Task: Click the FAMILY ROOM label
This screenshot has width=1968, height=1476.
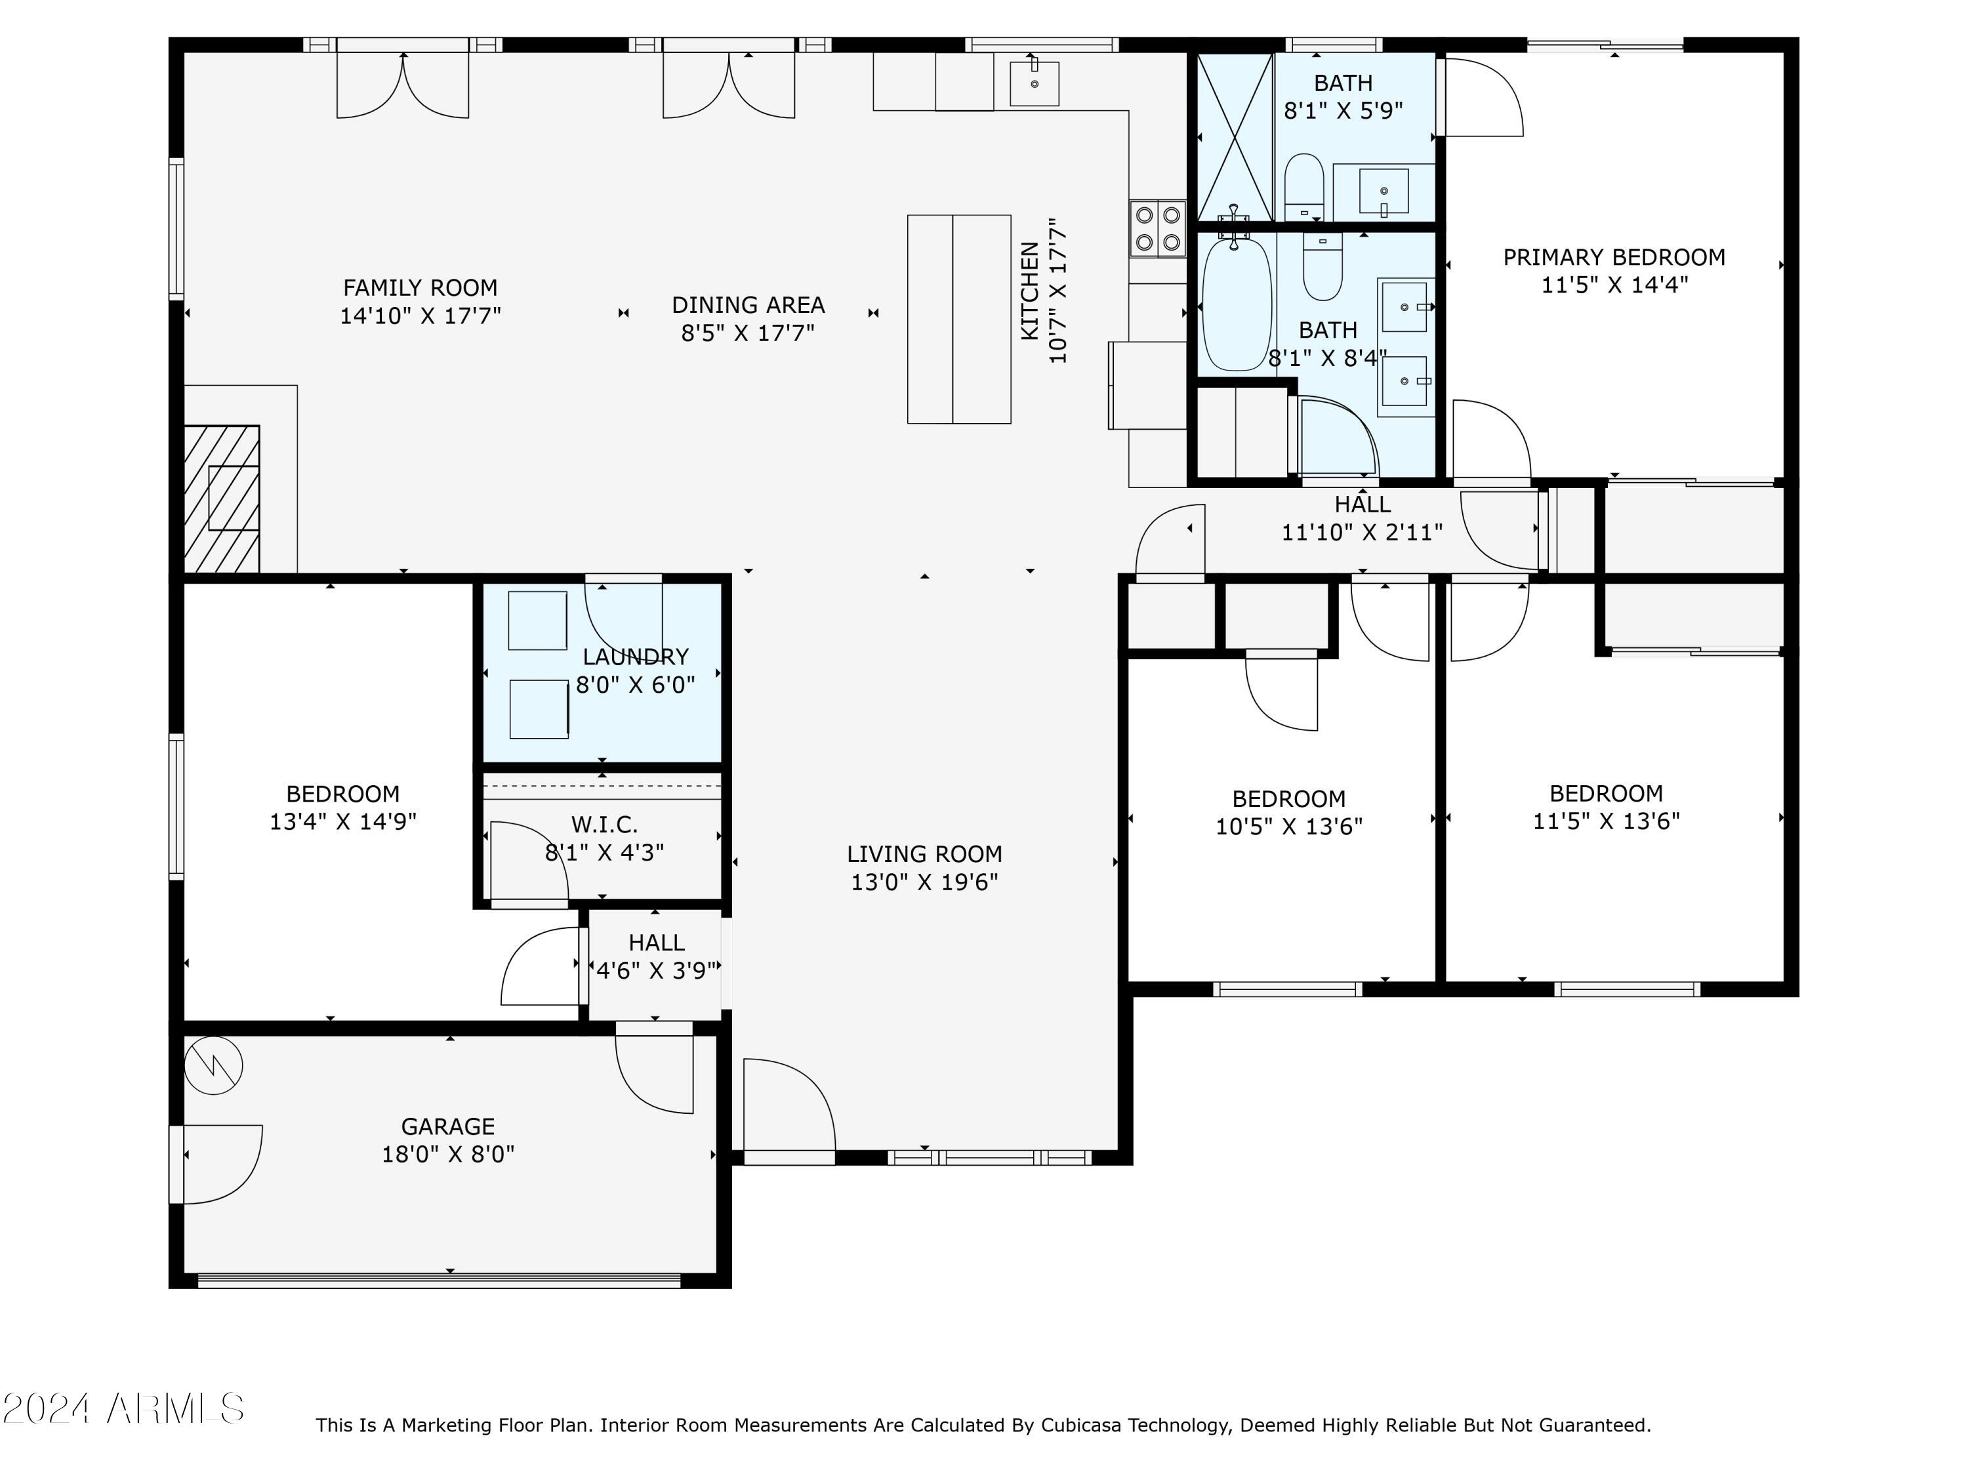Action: point(420,287)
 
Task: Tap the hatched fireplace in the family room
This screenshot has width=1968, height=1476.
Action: point(222,499)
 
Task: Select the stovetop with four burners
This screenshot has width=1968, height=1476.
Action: point(1157,229)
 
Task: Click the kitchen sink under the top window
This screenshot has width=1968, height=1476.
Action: point(1034,83)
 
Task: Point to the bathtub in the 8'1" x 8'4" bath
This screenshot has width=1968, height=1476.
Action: point(1237,304)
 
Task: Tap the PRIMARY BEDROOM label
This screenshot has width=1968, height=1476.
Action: point(1614,257)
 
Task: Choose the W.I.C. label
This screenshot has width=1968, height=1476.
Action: point(604,825)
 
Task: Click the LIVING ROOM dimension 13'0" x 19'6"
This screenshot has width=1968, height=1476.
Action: point(924,882)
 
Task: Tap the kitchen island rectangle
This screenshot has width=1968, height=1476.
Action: point(959,319)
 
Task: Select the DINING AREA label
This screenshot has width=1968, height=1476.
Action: point(748,305)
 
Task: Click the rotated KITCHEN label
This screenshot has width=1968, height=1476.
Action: point(1029,291)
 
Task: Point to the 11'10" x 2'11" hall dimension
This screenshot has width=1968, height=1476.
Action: point(1362,532)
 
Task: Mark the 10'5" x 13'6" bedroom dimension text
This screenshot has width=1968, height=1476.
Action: point(1289,827)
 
